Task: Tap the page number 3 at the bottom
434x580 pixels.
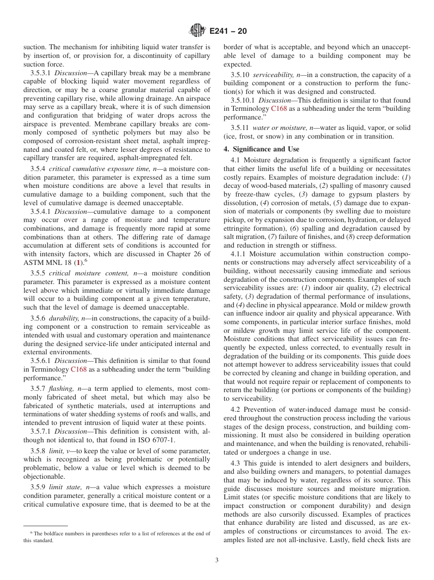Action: (x=217, y=560)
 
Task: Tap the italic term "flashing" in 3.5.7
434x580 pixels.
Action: (x=63, y=389)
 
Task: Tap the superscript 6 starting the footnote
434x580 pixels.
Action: (x=32, y=533)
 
